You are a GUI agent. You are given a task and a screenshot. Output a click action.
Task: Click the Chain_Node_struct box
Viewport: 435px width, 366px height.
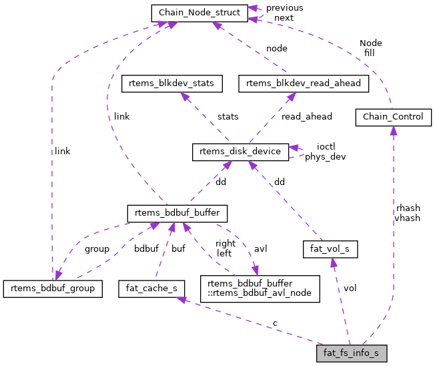pyautogui.click(x=199, y=12)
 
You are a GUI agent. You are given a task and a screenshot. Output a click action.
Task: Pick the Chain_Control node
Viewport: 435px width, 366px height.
pyautogui.click(x=392, y=117)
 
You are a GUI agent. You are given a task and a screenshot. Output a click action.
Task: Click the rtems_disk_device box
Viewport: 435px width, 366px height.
pyautogui.click(x=240, y=152)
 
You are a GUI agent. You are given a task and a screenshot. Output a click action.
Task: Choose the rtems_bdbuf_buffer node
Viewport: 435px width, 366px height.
pyautogui.click(x=177, y=213)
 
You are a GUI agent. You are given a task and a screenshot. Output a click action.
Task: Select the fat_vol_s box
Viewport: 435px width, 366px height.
pyautogui.click(x=330, y=250)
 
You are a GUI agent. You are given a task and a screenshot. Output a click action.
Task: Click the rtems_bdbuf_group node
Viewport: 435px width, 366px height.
pyautogui.click(x=53, y=288)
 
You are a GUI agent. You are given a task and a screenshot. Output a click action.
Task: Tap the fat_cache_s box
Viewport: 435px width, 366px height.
pyautogui.click(x=147, y=288)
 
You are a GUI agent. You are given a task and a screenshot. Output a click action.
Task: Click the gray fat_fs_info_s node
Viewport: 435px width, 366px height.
pyautogui.click(x=352, y=352)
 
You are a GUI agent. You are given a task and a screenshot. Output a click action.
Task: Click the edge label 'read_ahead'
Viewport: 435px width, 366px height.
pyautogui.click(x=306, y=116)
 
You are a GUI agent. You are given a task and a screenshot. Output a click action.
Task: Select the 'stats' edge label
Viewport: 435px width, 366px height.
pyautogui.click(x=228, y=116)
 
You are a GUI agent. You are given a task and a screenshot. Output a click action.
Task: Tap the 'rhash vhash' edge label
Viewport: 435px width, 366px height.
pyautogui.click(x=407, y=212)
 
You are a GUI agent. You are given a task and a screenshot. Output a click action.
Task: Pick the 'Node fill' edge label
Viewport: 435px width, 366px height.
pyautogui.click(x=370, y=47)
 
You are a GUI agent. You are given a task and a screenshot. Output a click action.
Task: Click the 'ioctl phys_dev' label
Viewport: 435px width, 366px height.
pyautogui.click(x=325, y=152)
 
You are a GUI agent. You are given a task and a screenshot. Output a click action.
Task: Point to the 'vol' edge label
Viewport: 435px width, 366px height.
pyautogui.click(x=350, y=288)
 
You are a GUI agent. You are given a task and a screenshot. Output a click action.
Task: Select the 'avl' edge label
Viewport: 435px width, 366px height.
pyautogui.click(x=261, y=248)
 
